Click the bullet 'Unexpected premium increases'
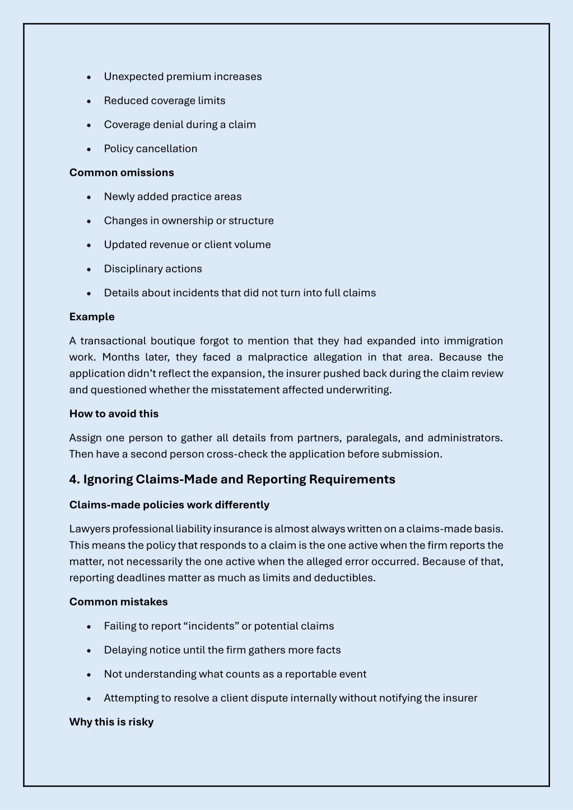click(183, 77)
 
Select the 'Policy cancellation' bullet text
click(150, 149)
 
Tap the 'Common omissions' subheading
click(122, 172)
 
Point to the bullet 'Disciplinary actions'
click(152, 269)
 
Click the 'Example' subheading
click(92, 317)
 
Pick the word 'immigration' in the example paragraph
click(473, 341)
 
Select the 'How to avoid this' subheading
click(114, 414)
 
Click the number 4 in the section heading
click(73, 479)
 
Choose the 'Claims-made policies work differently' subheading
click(169, 505)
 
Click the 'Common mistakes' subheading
click(118, 602)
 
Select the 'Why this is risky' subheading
click(111, 722)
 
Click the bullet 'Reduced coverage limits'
click(164, 101)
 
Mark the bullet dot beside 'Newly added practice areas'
click(89, 197)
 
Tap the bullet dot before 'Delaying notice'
click(89, 650)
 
